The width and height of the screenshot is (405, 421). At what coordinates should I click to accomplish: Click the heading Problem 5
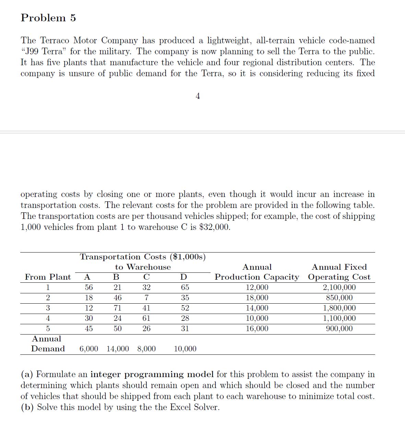(48, 18)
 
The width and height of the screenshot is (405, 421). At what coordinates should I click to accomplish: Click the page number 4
(198, 96)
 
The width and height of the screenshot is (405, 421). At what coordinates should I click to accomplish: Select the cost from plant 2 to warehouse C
(146, 298)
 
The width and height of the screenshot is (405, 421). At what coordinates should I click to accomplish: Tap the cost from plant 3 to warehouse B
(117, 308)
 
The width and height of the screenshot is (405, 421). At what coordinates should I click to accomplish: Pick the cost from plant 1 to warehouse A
(88, 288)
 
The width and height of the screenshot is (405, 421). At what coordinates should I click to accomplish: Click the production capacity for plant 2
(257, 298)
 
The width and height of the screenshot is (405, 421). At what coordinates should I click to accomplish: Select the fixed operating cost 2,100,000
(339, 288)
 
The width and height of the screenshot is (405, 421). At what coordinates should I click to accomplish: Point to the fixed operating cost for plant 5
(339, 329)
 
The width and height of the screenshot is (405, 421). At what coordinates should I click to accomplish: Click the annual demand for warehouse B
(118, 349)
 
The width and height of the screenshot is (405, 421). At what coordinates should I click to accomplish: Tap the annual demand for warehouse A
(88, 349)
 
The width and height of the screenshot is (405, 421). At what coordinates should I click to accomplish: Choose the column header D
(184, 277)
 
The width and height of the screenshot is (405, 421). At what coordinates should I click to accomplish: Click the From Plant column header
(48, 277)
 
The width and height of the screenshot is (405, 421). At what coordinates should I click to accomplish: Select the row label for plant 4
(48, 318)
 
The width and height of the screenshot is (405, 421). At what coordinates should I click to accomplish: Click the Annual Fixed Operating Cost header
(339, 272)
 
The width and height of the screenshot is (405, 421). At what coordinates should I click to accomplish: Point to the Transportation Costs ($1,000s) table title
(143, 257)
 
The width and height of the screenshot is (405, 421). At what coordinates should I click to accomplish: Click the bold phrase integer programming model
(152, 374)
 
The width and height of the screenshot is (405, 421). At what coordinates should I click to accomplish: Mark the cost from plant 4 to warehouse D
(185, 318)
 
